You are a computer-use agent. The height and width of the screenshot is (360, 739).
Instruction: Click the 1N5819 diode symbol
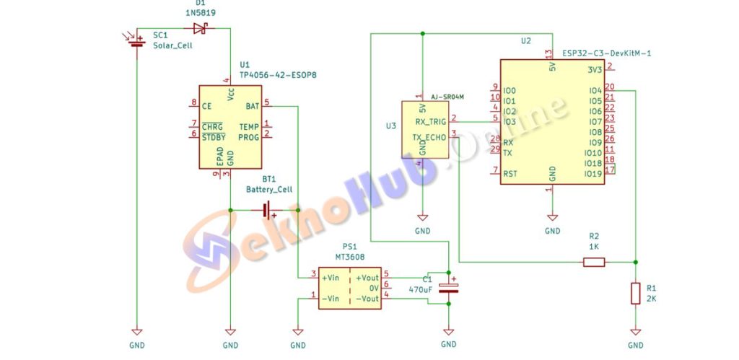coord(201,29)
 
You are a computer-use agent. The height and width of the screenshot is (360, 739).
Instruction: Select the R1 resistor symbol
coord(635,294)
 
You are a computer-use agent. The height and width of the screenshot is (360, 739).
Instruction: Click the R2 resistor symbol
coord(593,262)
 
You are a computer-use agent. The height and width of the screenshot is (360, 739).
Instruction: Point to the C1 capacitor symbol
coord(449,288)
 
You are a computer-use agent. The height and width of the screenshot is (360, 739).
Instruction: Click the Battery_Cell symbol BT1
coord(268,211)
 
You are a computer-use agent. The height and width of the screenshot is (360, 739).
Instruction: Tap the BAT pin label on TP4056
coord(252,105)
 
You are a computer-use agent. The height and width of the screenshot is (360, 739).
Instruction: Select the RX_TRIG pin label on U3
coord(430,122)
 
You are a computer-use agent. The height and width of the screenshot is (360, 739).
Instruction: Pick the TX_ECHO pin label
coord(430,137)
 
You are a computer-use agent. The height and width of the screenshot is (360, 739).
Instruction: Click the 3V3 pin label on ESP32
coord(594,70)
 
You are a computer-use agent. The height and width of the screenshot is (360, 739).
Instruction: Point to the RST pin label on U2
coord(510,174)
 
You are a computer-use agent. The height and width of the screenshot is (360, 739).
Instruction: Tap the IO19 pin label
coord(592,174)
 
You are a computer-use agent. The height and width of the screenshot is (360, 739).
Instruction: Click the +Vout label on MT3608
coord(367,278)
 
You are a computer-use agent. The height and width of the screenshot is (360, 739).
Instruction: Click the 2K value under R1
coord(652,298)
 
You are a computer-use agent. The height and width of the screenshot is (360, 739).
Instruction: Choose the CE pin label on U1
coord(206,106)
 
